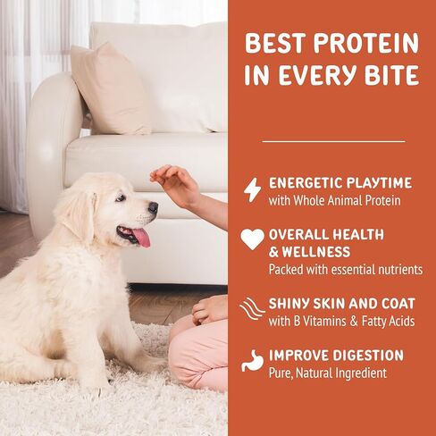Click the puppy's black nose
(x=153, y=207)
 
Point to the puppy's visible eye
(x=120, y=198)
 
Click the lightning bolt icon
(x=252, y=189)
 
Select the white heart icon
(x=252, y=239)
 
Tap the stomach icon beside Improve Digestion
(x=252, y=361)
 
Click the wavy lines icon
(x=252, y=308)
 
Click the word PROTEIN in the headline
(x=366, y=44)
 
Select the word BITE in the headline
(x=392, y=74)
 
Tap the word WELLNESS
(x=316, y=252)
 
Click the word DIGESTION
(x=368, y=356)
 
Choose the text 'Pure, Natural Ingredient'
(x=328, y=373)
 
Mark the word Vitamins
(x=325, y=321)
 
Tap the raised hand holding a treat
(x=176, y=185)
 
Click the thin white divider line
(x=333, y=141)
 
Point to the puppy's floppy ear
(x=80, y=213)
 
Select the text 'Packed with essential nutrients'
(x=346, y=270)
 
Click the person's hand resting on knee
(x=210, y=310)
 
